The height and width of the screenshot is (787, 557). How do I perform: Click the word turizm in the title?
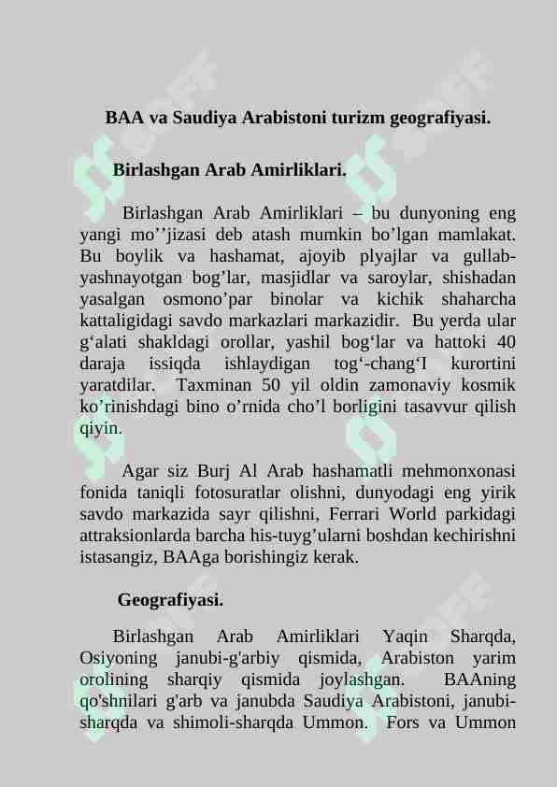tap(350, 119)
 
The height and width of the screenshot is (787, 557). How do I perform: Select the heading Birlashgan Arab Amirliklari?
tap(229, 171)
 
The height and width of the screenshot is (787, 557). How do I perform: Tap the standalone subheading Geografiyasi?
tap(170, 599)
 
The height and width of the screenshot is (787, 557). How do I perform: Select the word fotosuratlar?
tap(244, 493)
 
